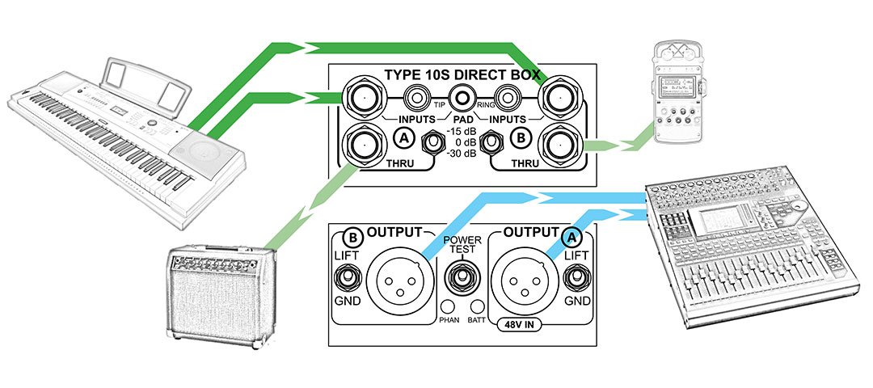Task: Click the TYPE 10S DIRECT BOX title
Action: coord(462,75)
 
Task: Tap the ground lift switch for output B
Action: coord(348,278)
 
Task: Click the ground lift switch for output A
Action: coord(576,278)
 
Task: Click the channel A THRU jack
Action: coord(365,145)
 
